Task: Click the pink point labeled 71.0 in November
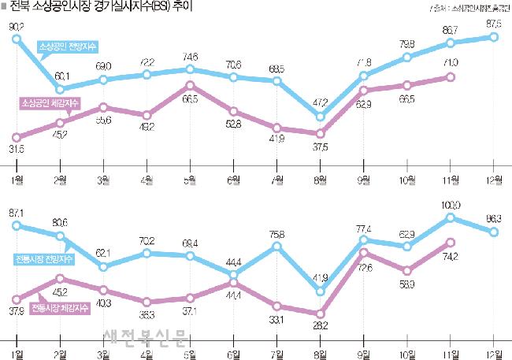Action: tap(451, 76)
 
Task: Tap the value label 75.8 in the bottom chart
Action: tap(276, 233)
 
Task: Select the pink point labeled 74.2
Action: tap(451, 243)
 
